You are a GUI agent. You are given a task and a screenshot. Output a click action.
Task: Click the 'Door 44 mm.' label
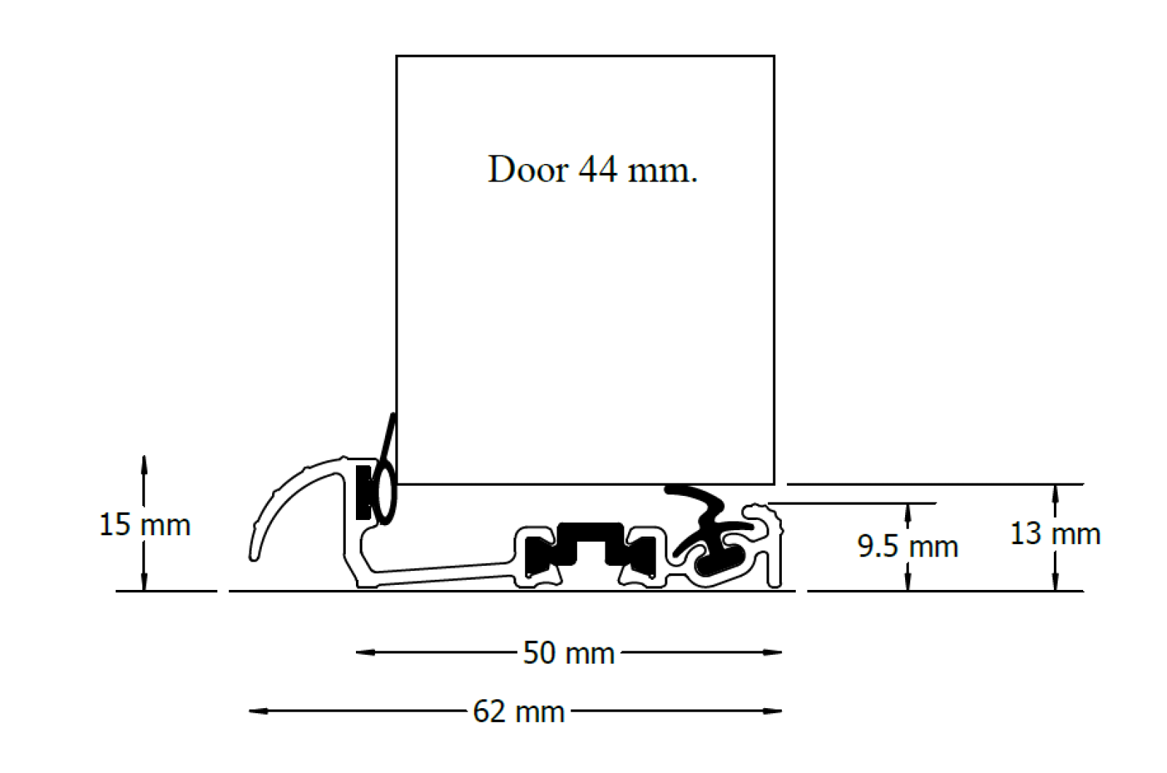[592, 170]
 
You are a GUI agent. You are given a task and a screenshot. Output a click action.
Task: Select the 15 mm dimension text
[144, 525]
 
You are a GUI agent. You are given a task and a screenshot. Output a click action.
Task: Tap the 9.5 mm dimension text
[907, 546]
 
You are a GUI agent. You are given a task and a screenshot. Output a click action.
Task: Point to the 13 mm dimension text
[1055, 534]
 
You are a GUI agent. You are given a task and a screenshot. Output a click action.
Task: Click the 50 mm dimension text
[569, 653]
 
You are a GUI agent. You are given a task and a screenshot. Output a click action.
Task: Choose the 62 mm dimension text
[519, 712]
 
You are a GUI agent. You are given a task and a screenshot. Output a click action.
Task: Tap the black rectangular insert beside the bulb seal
[362, 492]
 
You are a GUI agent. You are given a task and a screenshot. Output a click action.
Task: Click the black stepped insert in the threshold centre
[591, 545]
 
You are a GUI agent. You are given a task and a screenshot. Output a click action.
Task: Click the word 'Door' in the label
[527, 170]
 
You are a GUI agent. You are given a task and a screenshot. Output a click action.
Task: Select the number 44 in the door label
[597, 170]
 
